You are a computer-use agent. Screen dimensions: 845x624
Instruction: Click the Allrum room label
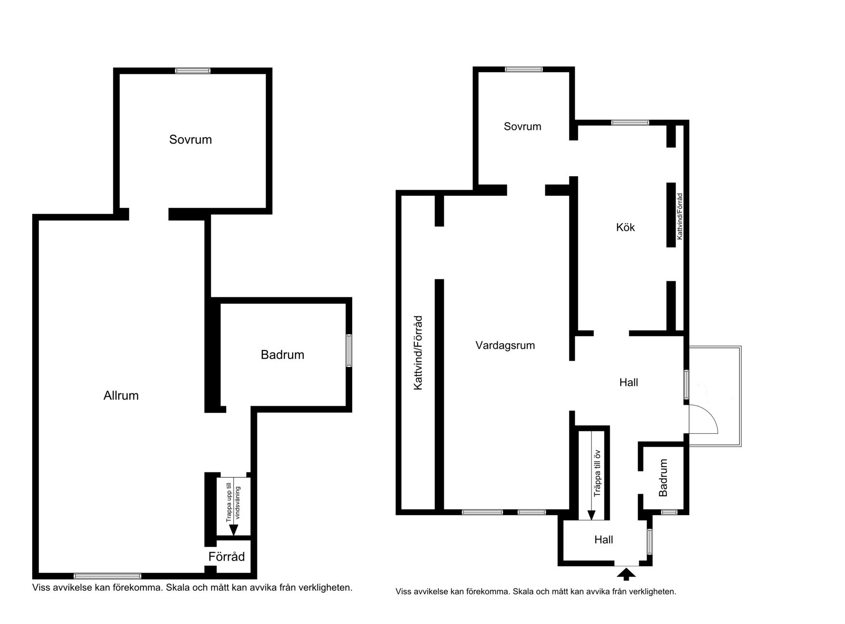coord(121,396)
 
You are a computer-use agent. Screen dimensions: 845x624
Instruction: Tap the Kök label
coord(626,227)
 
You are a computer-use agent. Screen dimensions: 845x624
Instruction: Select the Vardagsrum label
coord(505,345)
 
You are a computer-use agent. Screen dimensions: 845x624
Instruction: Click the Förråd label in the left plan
coord(227,557)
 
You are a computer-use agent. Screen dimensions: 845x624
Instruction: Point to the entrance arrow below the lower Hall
coord(626,574)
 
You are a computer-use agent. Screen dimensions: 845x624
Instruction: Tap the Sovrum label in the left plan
coord(191,140)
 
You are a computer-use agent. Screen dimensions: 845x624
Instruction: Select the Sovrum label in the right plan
coord(523,127)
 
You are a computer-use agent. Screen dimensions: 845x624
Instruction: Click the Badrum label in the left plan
coord(282,355)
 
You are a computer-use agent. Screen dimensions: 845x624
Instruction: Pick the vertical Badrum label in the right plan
coord(664,478)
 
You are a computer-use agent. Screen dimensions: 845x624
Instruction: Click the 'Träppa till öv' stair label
coord(597,473)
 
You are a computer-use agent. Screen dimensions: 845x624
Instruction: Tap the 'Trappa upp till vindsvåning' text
coord(233,503)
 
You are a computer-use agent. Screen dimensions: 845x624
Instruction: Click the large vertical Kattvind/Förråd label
coord(418,353)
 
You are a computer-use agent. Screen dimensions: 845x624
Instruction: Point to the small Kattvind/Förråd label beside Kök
coord(680,217)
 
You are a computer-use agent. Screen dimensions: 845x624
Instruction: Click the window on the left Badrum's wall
coord(349,351)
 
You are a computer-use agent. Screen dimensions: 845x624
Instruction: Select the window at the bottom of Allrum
coord(108,576)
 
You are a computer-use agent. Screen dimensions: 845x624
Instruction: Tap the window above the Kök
coord(630,123)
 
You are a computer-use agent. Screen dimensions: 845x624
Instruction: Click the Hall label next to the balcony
coord(629,382)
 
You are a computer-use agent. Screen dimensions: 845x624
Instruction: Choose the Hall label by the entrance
coord(604,540)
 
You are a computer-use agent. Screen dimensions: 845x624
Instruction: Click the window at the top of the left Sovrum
coord(193,71)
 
